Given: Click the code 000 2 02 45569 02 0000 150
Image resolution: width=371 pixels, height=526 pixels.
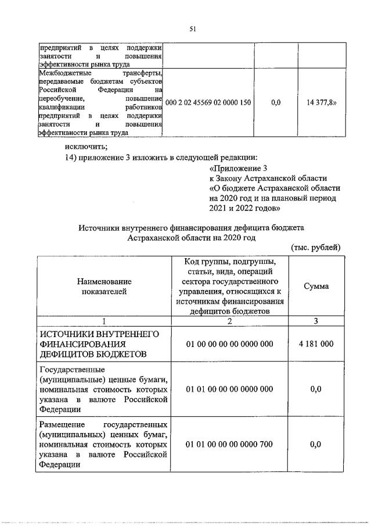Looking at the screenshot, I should click(208, 102).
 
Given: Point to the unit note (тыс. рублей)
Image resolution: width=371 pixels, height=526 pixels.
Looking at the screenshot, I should click(315, 248).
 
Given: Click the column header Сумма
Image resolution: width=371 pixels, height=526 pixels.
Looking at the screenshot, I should click(315, 286).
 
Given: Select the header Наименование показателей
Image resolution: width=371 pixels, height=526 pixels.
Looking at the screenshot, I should click(105, 286).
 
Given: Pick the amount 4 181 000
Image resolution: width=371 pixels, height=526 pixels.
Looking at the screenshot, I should click(316, 344).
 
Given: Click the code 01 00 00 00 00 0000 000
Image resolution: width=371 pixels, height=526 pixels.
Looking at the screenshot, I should click(229, 344).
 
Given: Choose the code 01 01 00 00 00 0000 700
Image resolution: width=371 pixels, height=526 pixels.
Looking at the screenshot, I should click(229, 445).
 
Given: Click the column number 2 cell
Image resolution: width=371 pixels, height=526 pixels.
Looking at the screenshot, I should click(229, 321).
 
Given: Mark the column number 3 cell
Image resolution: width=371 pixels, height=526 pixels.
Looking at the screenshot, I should click(316, 321).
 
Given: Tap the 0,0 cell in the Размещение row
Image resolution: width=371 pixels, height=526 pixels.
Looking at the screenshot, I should click(316, 445).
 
